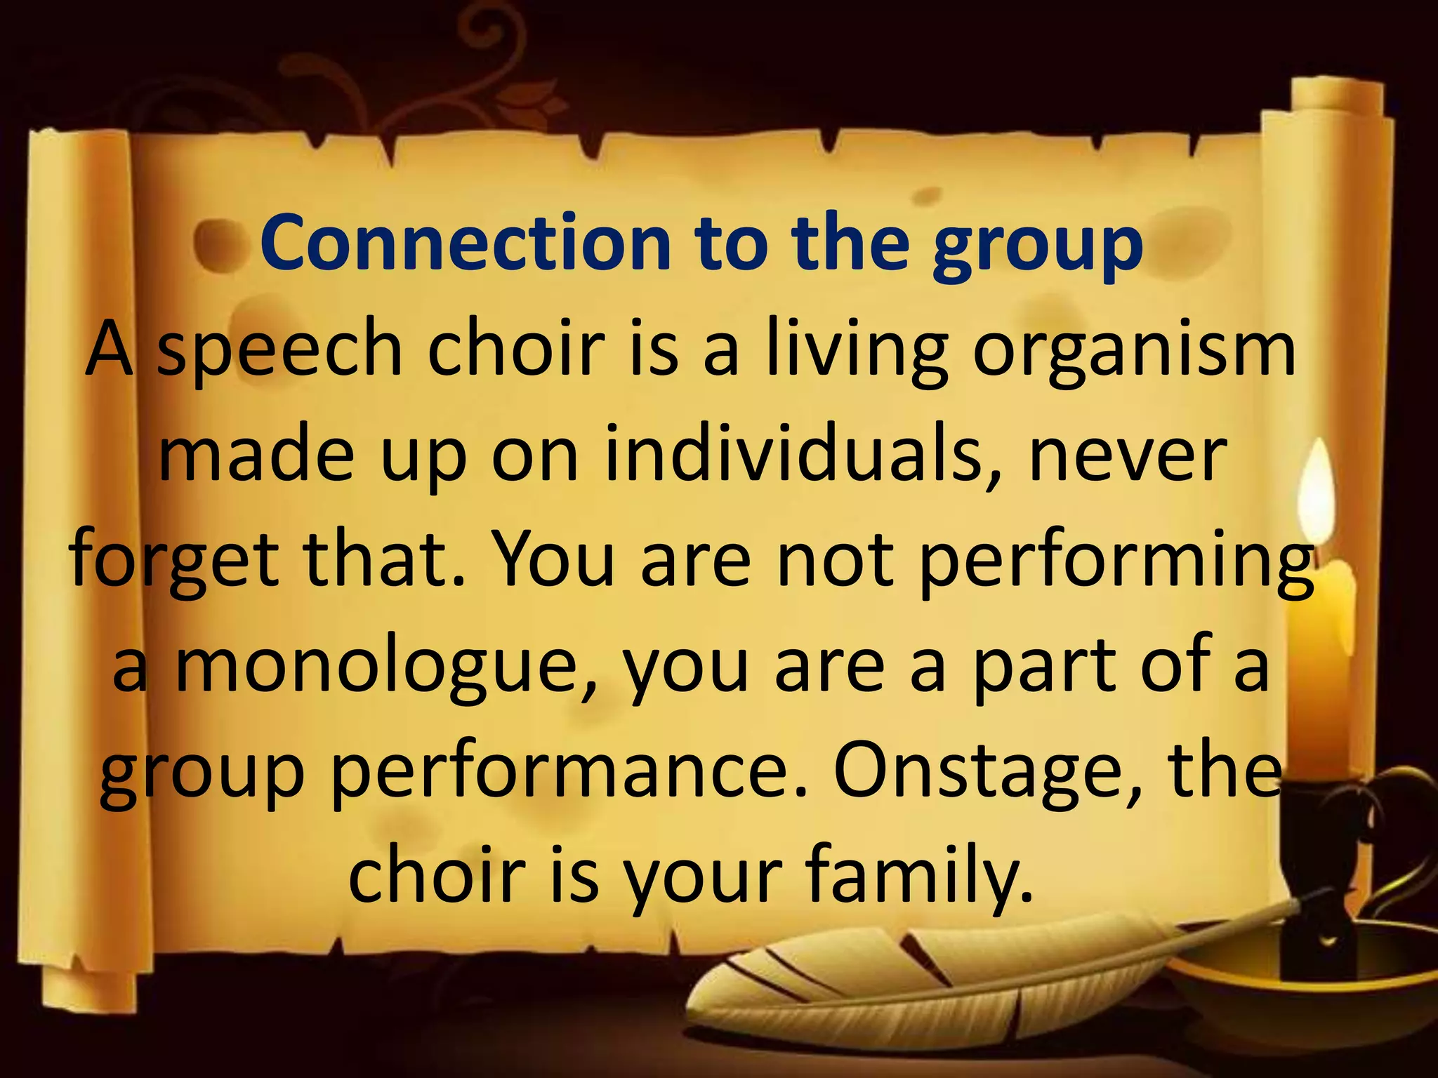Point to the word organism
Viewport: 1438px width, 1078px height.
[1134, 351]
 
